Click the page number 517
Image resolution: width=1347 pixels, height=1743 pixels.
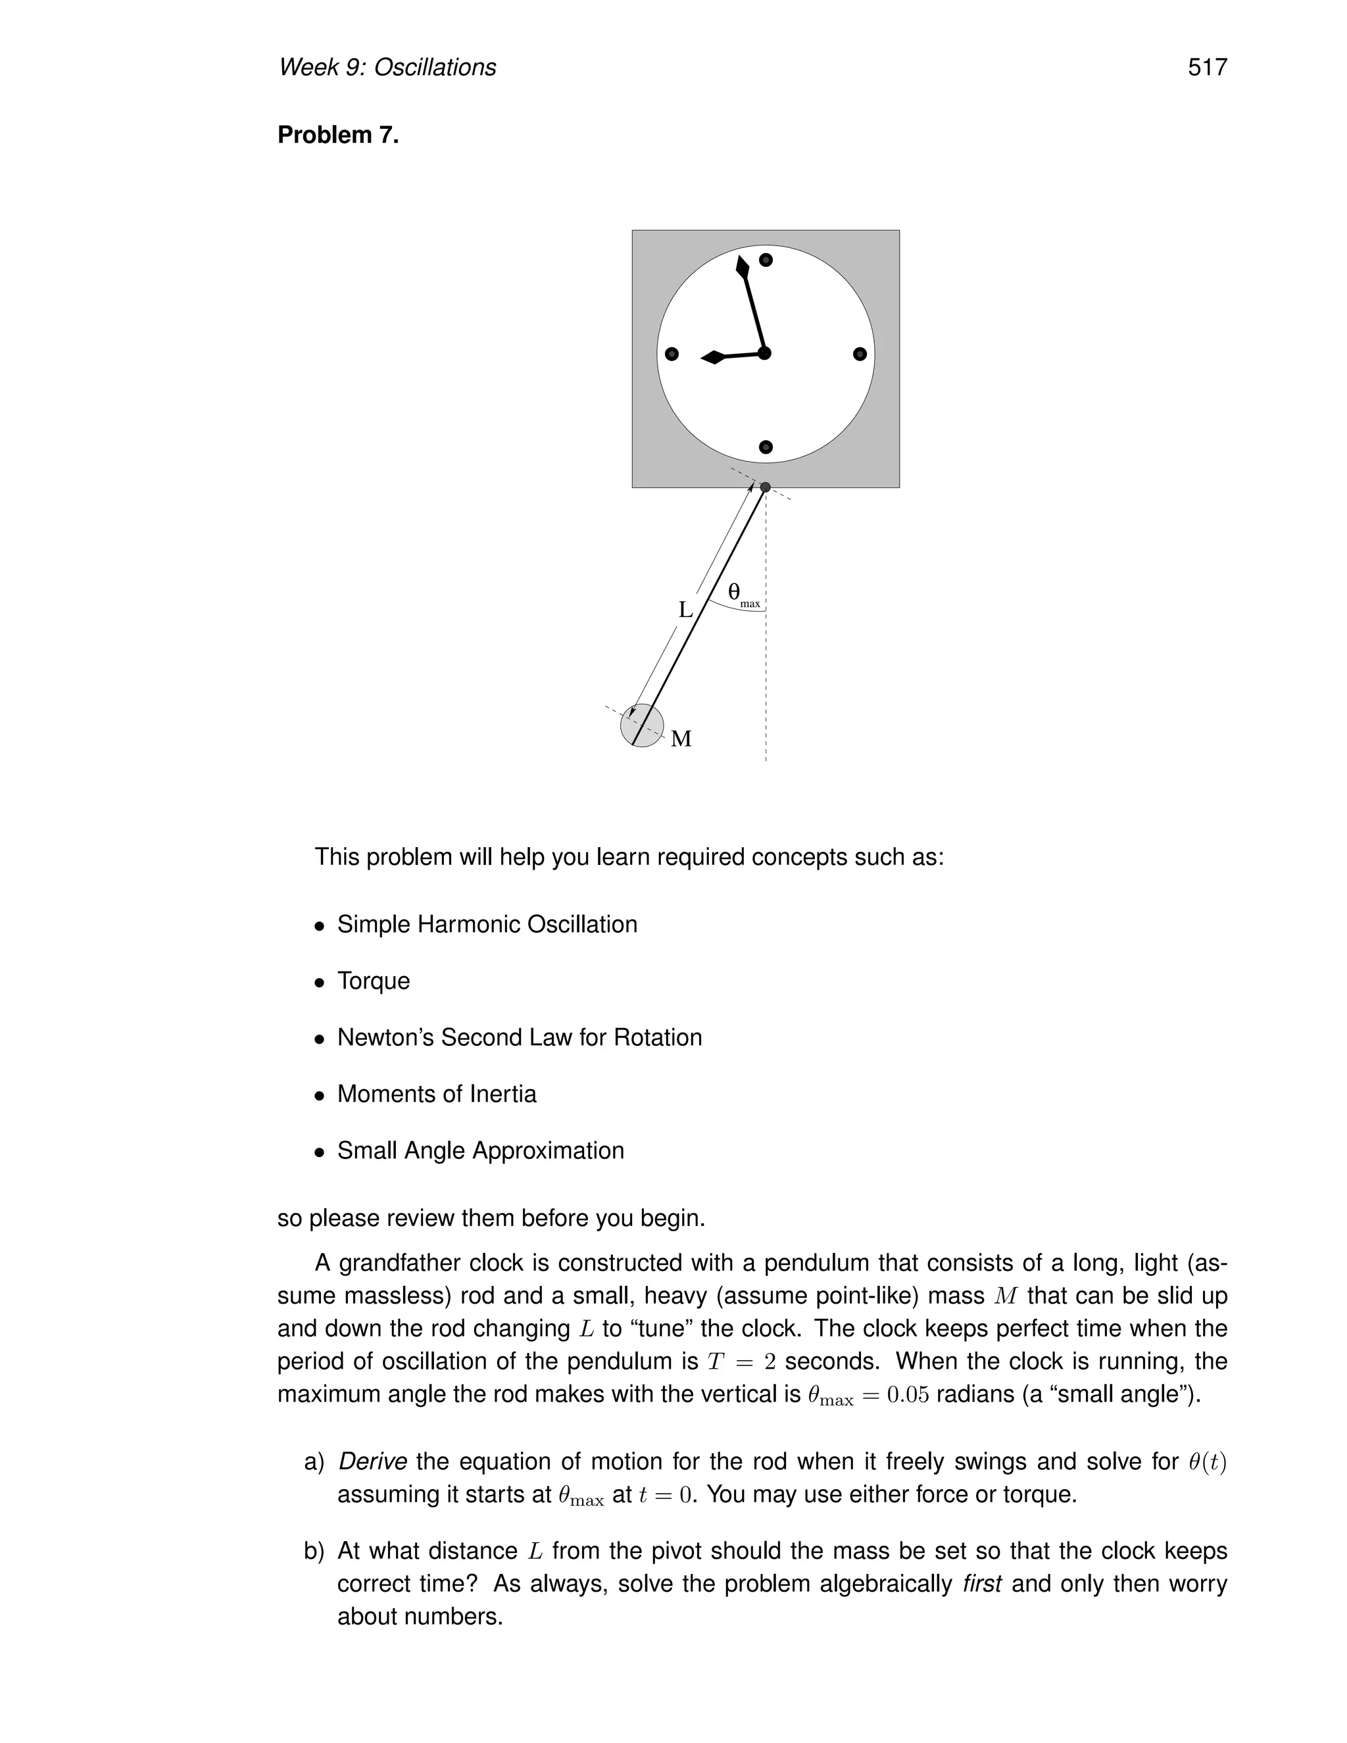pyautogui.click(x=1206, y=68)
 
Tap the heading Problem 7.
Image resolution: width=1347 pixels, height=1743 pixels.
pyautogui.click(x=337, y=135)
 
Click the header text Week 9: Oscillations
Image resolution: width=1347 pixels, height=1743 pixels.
pyautogui.click(x=387, y=68)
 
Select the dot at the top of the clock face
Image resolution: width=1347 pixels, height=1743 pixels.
pyautogui.click(x=766, y=260)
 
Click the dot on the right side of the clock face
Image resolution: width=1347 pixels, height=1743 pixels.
pyautogui.click(x=860, y=354)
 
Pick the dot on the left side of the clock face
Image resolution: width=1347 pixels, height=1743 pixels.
pyautogui.click(x=672, y=354)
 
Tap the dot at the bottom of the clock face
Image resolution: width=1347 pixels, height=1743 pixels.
pyautogui.click(x=766, y=447)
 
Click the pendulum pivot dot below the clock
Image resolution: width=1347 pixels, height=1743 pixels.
pyautogui.click(x=766, y=487)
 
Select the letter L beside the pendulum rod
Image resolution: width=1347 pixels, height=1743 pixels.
pyautogui.click(x=685, y=610)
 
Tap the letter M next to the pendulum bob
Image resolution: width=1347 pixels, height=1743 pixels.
pyautogui.click(x=681, y=739)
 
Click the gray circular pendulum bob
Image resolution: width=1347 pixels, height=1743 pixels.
pyautogui.click(x=643, y=725)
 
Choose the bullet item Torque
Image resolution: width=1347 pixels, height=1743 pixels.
pyautogui.click(x=374, y=981)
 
